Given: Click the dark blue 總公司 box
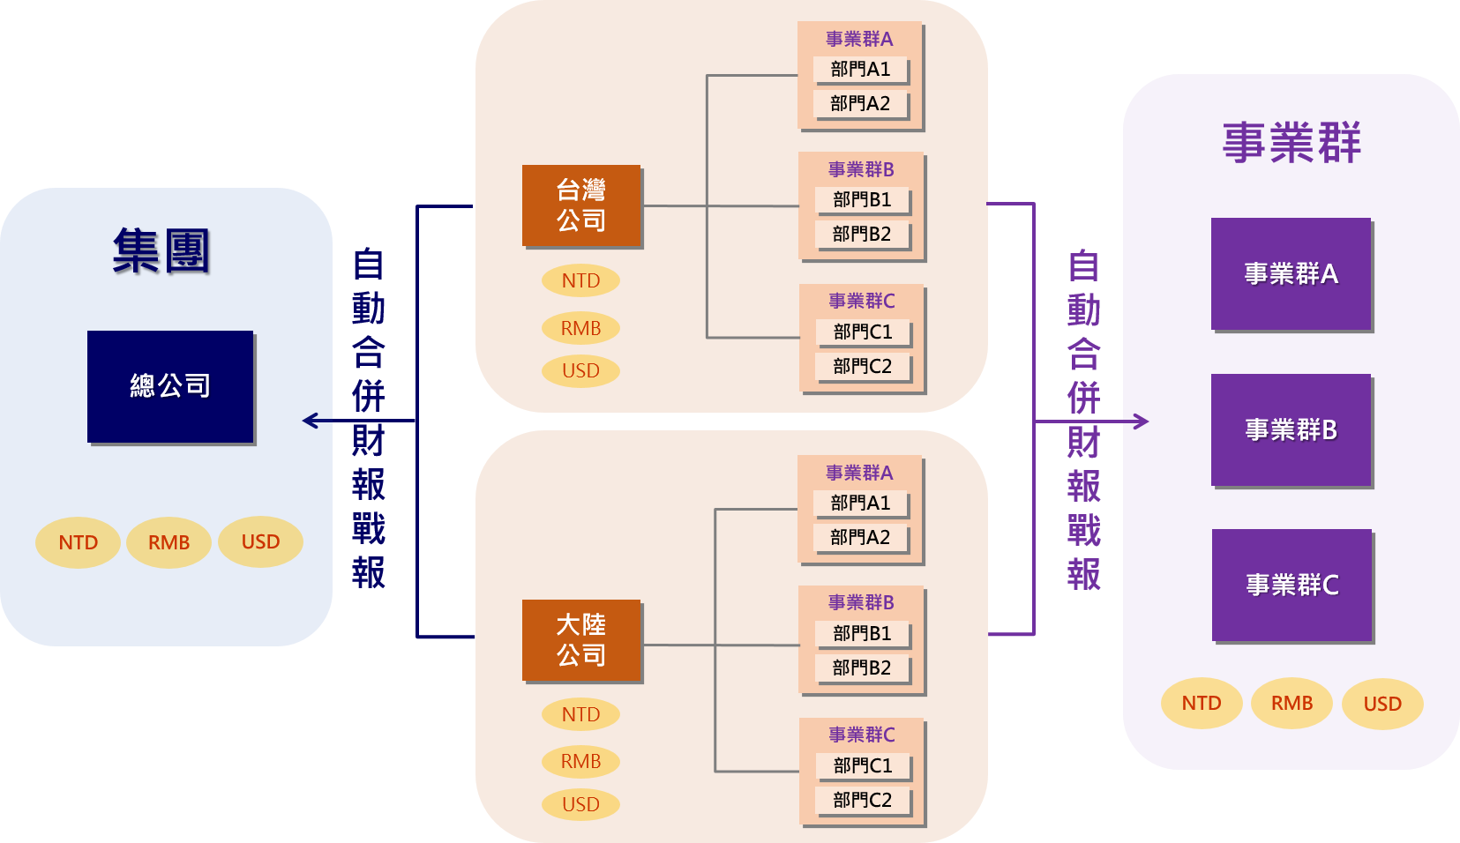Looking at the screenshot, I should (170, 386).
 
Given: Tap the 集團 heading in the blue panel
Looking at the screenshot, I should (162, 252).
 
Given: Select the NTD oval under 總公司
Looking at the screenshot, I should (79, 542).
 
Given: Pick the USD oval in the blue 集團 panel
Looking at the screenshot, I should (260, 542).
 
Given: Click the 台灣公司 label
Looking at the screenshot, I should (581, 205).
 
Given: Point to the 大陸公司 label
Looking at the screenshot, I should (581, 639).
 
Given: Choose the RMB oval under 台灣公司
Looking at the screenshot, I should (580, 328).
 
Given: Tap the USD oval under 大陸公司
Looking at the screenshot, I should (580, 804).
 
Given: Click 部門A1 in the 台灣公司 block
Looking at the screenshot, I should (860, 69).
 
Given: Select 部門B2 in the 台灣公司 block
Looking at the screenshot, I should (862, 234).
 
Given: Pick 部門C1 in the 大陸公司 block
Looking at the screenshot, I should (863, 765).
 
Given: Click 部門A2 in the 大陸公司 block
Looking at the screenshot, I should (860, 537).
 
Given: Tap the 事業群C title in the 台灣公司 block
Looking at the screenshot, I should (862, 302).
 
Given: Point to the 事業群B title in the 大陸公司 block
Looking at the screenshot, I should (861, 603).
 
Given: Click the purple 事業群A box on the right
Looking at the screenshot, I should (1292, 274).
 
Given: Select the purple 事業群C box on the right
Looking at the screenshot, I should (1292, 585).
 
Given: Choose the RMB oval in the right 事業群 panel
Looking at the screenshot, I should (1292, 704).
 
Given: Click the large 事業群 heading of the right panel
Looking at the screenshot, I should (1292, 143).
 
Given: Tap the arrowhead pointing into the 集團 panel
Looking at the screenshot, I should (310, 421).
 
